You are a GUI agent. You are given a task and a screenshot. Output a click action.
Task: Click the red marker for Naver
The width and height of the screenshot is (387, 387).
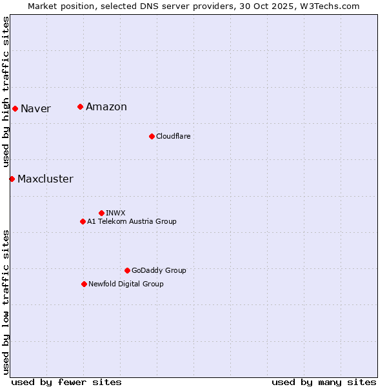[15, 108]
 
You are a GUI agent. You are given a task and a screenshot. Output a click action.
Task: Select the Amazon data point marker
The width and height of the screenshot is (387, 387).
[80, 106]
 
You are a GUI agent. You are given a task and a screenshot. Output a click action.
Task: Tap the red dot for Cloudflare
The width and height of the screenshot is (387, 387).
[152, 136]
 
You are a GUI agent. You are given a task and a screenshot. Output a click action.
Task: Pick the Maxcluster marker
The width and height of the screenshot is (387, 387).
[12, 179]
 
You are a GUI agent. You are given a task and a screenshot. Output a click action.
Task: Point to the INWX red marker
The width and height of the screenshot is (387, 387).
[101, 213]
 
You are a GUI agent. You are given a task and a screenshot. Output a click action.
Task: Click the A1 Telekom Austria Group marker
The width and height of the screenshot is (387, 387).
[83, 221]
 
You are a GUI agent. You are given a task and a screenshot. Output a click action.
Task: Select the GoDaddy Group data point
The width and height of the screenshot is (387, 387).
[127, 270]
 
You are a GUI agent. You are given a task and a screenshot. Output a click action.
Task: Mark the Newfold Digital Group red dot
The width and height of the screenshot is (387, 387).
[84, 284]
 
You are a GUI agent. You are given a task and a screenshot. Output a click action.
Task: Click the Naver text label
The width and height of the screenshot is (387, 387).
[35, 108]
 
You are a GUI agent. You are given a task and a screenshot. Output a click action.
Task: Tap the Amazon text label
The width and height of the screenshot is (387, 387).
[106, 107]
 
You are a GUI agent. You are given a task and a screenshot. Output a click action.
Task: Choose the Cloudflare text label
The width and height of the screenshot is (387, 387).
[173, 136]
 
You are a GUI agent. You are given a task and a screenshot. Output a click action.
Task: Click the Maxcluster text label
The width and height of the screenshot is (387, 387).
[45, 179]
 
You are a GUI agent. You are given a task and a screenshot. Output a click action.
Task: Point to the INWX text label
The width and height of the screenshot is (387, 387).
[115, 213]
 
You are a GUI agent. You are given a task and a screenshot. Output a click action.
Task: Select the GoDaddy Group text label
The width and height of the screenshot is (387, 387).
[159, 270]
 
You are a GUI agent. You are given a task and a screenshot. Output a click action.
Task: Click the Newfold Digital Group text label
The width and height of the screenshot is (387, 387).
[126, 284]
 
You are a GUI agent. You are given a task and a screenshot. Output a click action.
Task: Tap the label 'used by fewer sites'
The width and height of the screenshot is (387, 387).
[66, 382]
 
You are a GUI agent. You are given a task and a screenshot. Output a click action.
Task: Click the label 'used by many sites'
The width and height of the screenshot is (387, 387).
[324, 382]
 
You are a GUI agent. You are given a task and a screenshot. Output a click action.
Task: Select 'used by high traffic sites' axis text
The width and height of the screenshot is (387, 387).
[6, 92]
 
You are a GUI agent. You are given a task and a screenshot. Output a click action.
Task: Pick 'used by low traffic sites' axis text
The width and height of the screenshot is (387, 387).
[6, 301]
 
